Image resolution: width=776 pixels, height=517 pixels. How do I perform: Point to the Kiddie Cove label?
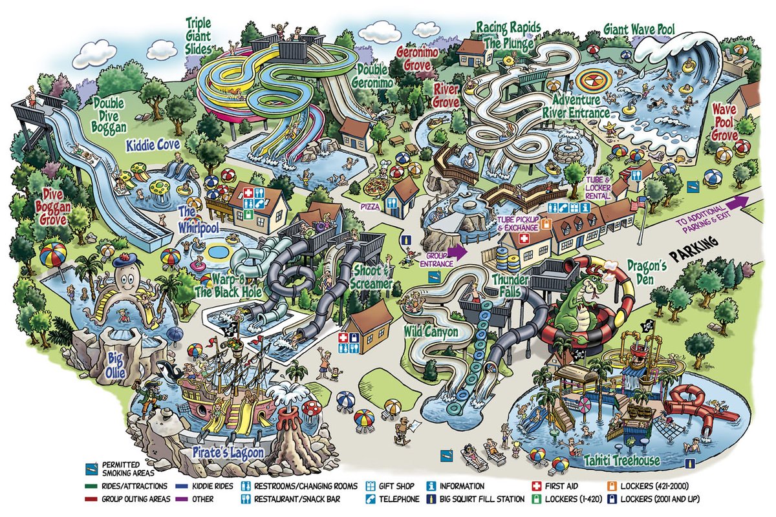(153, 145)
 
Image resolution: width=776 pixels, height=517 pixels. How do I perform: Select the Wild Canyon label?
(431, 332)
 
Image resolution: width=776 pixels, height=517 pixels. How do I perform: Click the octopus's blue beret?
(125, 262)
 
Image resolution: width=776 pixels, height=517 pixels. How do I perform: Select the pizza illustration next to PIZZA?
(375, 187)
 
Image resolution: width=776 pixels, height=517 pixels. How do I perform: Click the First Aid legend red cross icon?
(535, 486)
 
